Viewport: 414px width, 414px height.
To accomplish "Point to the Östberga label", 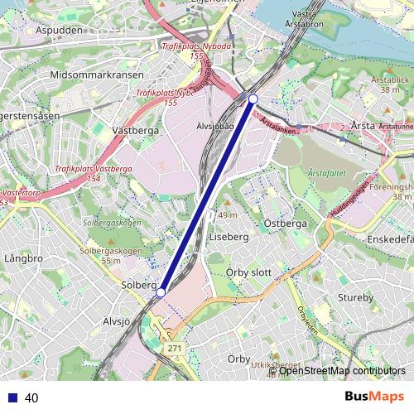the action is (x=285, y=224).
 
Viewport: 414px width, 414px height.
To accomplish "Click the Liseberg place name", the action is (x=229, y=237).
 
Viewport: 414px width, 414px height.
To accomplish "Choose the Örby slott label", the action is (x=248, y=272).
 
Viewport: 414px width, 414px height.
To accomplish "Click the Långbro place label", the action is (x=22, y=258).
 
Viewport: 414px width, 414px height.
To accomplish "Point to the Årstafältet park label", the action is (x=326, y=173).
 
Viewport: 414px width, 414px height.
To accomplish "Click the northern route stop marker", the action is (x=253, y=99).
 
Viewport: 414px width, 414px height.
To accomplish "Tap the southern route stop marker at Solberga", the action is (x=161, y=292).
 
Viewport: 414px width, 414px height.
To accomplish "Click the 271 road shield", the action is (x=174, y=349).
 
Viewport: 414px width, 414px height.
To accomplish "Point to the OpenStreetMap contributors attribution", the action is (x=342, y=371).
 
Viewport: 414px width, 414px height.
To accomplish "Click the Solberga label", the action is (x=139, y=285).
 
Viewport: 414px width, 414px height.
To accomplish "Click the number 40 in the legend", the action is (x=31, y=397).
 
